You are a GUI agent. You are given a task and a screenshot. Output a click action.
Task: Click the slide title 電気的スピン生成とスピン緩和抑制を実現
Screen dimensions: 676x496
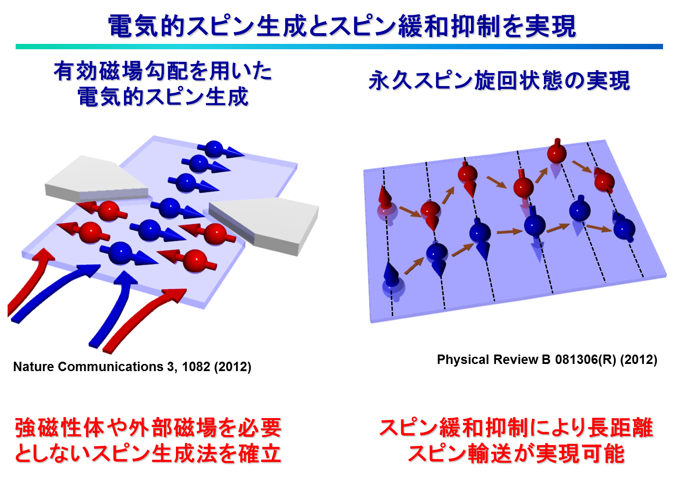[342, 26]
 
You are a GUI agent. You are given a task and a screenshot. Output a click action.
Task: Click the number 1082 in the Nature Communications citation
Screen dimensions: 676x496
[196, 367]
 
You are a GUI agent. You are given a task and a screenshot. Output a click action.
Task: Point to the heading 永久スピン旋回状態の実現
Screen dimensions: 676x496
[499, 81]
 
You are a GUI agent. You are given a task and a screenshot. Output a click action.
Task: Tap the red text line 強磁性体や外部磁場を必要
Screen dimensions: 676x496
[148, 428]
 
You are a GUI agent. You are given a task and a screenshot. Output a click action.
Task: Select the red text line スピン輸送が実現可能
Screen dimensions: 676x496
[516, 453]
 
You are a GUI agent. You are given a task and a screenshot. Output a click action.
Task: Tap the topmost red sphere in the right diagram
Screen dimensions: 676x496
[557, 153]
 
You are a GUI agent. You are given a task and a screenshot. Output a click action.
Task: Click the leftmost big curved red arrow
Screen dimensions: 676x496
[29, 284]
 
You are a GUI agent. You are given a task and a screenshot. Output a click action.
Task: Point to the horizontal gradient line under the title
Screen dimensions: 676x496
[339, 47]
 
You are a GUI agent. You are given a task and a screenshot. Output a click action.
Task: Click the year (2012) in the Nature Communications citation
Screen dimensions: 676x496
[232, 367]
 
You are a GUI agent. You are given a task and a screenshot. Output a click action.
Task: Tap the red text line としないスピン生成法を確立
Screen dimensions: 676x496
[148, 453]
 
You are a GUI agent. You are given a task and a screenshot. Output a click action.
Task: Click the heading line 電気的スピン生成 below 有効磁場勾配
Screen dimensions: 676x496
[163, 97]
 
